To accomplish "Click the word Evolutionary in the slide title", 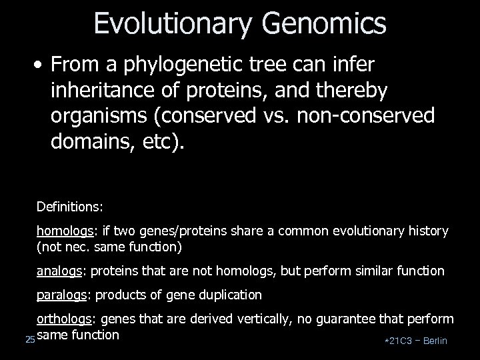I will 173,23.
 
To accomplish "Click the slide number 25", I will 29,340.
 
